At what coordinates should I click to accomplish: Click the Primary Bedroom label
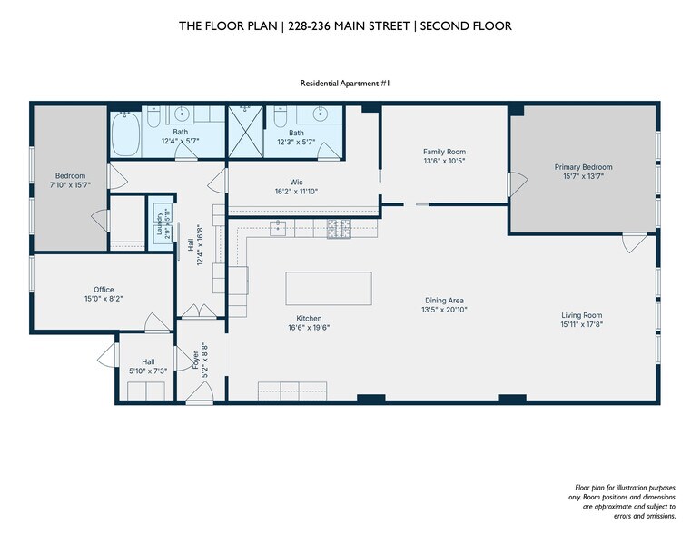[583, 167]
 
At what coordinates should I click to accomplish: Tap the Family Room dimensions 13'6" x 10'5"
[444, 162]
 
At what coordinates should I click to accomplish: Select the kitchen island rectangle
[329, 288]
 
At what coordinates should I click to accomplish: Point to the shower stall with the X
[245, 132]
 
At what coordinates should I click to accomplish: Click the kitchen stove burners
[339, 229]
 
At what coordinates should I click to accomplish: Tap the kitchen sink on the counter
[278, 228]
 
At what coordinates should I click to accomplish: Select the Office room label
[104, 290]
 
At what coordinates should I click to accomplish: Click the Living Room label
[582, 315]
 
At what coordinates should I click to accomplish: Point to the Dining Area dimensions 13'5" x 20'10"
[444, 310]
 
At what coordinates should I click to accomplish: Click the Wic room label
[296, 182]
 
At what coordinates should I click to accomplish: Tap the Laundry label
[159, 222]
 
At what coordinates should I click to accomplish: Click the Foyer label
[195, 360]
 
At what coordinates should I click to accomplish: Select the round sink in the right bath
[320, 114]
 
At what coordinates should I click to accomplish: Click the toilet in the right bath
[280, 116]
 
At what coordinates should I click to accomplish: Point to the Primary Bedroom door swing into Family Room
[518, 183]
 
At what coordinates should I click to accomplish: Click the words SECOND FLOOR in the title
[466, 26]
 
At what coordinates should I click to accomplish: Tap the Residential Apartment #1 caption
[345, 84]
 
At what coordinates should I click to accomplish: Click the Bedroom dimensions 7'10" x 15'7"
[70, 185]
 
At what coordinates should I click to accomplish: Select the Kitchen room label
[309, 318]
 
